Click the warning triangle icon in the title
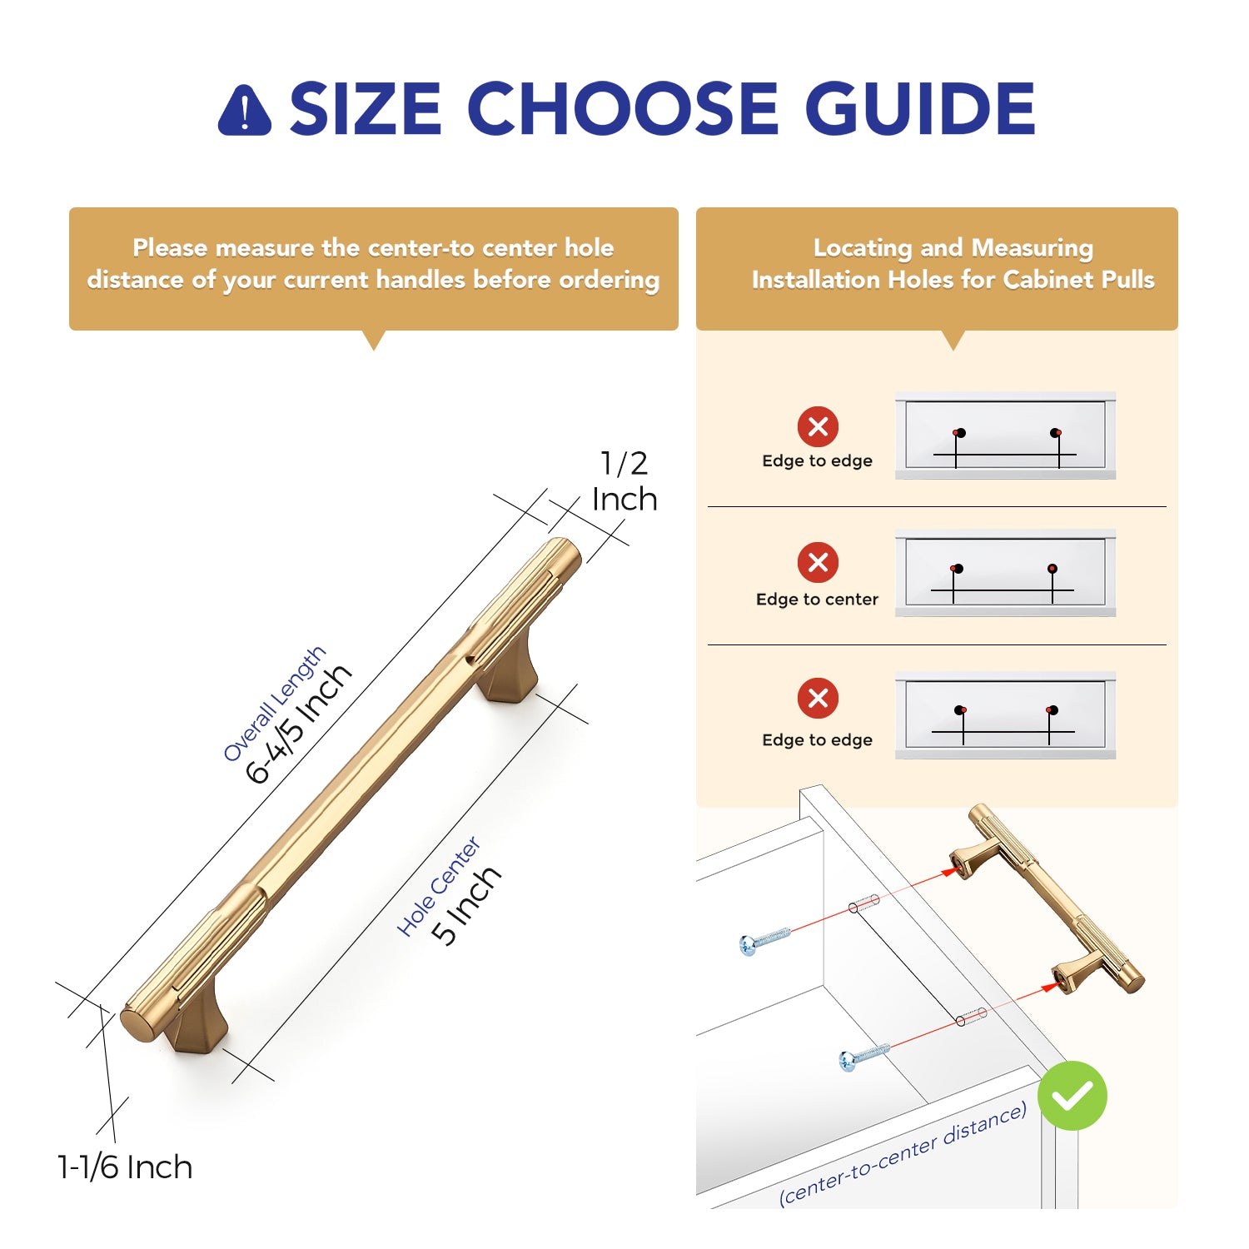(244, 110)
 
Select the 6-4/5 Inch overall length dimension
(299, 724)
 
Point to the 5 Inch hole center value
(466, 905)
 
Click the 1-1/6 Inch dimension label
(125, 1167)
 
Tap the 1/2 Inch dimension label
(624, 481)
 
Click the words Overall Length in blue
(275, 704)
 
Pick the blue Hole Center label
(439, 886)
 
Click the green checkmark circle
(1072, 1095)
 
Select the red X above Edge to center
(818, 562)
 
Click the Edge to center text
(817, 599)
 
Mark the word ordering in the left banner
(609, 281)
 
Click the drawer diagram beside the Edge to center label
(1005, 573)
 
